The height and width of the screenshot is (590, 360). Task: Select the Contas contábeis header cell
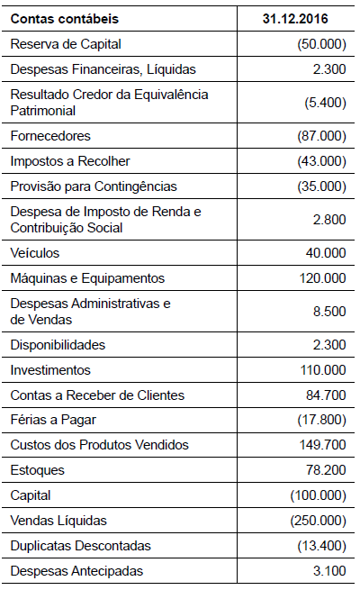click(64, 19)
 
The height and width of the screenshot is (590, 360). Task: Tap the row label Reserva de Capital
click(65, 44)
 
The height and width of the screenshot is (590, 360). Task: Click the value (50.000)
click(321, 44)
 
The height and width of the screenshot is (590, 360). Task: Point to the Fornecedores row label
click(50, 136)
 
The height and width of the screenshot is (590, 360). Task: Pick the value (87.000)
click(321, 136)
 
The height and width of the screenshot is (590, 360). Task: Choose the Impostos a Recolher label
click(70, 161)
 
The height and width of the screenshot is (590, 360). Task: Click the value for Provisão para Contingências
click(321, 186)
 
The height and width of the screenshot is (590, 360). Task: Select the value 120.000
click(323, 278)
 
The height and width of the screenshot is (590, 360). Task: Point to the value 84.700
click(327, 395)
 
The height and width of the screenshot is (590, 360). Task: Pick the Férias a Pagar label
click(54, 421)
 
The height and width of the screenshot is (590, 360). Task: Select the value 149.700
click(323, 445)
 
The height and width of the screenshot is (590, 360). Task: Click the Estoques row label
click(38, 470)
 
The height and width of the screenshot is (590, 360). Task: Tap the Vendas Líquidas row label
click(58, 521)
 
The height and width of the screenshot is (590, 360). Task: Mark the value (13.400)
click(321, 546)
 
